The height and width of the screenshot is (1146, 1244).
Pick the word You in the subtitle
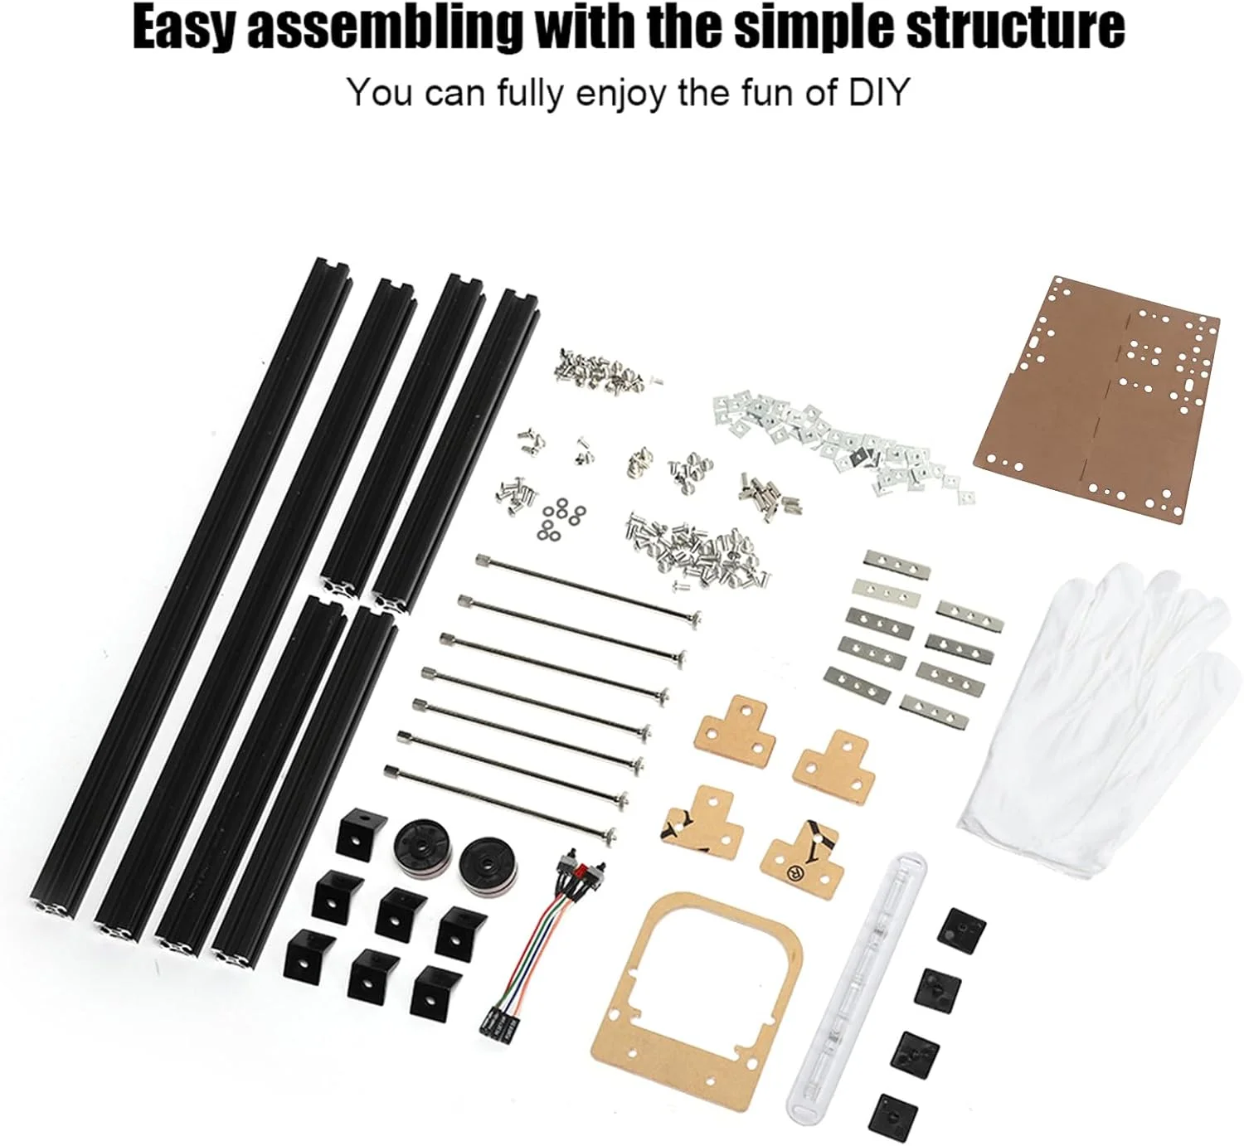pyautogui.click(x=380, y=92)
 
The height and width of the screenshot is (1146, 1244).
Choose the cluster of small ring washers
pyautogui.click(x=562, y=517)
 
